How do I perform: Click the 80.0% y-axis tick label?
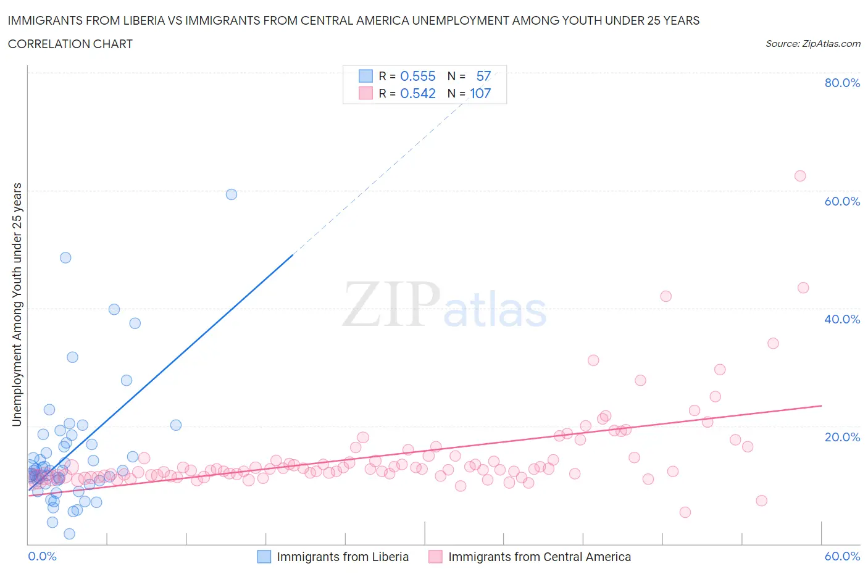(x=842, y=83)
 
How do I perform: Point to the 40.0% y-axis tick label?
(x=842, y=319)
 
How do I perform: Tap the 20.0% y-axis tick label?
(x=842, y=437)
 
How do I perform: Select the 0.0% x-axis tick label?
(x=42, y=556)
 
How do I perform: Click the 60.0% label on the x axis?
(x=842, y=556)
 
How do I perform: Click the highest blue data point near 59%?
(x=232, y=194)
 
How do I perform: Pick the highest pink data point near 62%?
(x=800, y=176)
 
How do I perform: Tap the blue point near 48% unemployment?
(x=65, y=258)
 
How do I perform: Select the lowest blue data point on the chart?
(x=69, y=534)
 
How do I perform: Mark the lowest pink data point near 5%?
(x=685, y=512)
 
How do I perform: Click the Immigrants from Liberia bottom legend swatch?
(x=264, y=557)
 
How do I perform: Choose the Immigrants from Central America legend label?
(x=539, y=557)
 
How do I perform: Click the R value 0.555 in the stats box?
(x=418, y=77)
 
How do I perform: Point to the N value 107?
(x=480, y=94)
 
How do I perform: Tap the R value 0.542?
(x=418, y=94)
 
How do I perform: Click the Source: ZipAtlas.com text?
(x=812, y=44)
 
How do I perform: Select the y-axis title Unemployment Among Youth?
(x=17, y=304)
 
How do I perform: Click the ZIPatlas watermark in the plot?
(x=444, y=306)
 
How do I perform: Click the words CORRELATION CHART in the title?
(x=70, y=44)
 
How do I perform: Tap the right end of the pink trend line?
(x=822, y=406)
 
